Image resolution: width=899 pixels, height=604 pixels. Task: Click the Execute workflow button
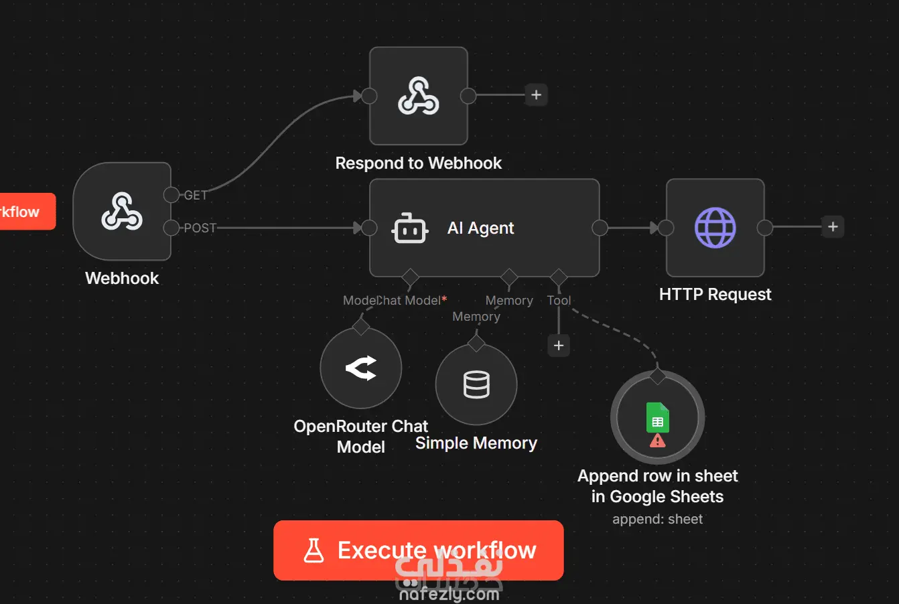tap(418, 550)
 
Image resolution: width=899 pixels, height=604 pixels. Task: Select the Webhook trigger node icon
tap(122, 212)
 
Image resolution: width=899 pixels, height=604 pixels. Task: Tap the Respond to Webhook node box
tap(419, 96)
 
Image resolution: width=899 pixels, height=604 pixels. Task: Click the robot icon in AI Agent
tap(409, 228)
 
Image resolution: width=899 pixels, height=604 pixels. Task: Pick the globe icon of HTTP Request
tap(715, 228)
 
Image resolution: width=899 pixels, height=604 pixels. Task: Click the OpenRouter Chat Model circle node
tap(361, 368)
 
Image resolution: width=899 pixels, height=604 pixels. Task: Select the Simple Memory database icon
tap(476, 384)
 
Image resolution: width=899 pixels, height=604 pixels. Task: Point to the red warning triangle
tap(658, 440)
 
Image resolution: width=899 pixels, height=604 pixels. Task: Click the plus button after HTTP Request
tap(833, 227)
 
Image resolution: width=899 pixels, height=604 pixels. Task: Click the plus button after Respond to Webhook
tap(536, 95)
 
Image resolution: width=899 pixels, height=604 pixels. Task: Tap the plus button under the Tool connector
tap(559, 346)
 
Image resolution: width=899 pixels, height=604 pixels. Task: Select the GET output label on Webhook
tap(196, 196)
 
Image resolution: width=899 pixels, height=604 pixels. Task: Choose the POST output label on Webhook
tap(200, 228)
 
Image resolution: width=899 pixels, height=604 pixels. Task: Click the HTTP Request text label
tap(715, 295)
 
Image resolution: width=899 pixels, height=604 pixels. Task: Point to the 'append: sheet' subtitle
tap(657, 519)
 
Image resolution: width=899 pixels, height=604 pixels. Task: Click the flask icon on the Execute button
tap(314, 550)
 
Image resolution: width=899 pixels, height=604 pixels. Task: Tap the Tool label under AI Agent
tap(559, 301)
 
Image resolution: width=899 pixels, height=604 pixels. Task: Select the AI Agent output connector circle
tap(600, 228)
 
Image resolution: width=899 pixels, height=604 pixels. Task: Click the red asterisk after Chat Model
tap(444, 299)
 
